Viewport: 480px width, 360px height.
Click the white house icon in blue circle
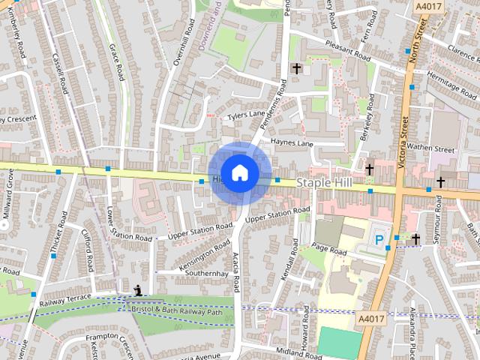239,172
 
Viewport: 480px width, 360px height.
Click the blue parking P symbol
379,240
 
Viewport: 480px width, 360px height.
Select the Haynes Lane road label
292,142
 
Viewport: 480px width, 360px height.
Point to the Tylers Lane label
247,115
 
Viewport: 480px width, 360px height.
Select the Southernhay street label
206,274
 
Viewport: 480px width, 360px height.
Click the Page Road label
331,248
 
